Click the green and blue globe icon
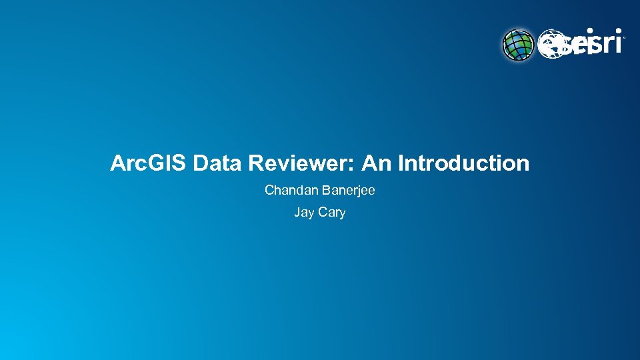point(518,44)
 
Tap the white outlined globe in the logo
point(551,44)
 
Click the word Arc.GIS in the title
point(149,163)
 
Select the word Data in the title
point(215,163)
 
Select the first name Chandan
point(291,191)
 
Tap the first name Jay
point(305,213)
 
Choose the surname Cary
point(333,213)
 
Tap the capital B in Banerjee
point(326,191)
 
